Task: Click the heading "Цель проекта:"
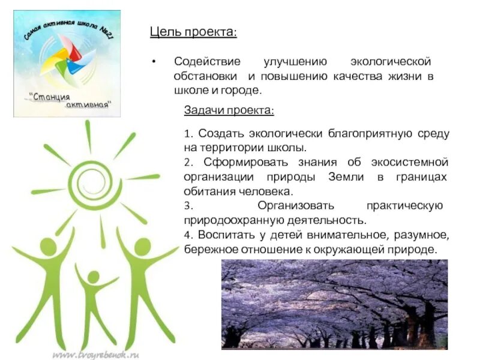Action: [193, 32]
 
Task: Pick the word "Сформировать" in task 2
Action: [238, 163]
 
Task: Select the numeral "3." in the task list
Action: [188, 206]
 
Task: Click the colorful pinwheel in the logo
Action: [65, 61]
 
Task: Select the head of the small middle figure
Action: [92, 277]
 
